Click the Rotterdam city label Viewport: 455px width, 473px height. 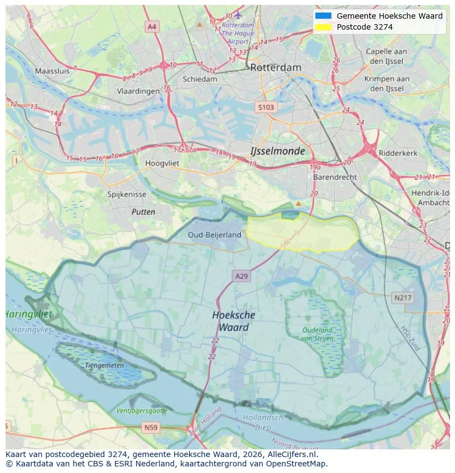click(275, 68)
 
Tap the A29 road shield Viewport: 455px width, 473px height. click(241, 276)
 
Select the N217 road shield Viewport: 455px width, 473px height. click(403, 298)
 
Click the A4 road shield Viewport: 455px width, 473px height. click(152, 26)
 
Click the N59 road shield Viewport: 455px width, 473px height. click(151, 427)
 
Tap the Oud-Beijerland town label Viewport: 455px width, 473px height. click(214, 235)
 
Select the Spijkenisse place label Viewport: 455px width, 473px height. click(127, 194)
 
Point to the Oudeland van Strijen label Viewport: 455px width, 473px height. click(317, 334)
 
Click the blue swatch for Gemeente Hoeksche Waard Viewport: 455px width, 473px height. click(324, 16)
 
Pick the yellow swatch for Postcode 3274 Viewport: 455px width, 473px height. click(324, 27)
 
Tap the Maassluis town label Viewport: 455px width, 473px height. click(52, 71)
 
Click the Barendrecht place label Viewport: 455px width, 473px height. click(335, 177)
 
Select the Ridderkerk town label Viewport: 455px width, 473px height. click(398, 153)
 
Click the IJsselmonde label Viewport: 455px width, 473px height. click(278, 151)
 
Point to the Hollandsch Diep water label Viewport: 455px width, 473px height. click(263, 422)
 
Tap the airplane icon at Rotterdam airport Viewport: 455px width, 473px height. click(238, 15)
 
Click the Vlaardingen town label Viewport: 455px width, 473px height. click(138, 92)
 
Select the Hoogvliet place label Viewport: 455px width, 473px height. click(162, 163)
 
